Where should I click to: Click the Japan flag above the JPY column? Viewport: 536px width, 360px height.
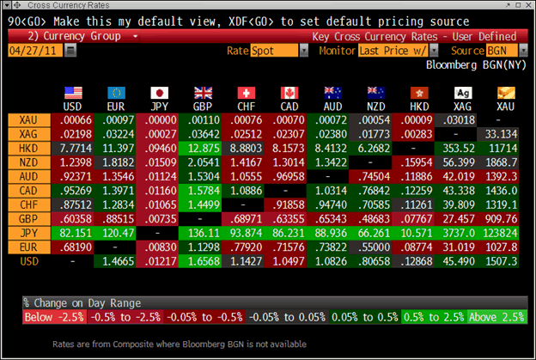(x=159, y=93)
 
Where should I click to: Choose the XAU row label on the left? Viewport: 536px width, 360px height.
(x=27, y=121)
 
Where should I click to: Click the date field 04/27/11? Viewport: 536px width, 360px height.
(x=33, y=51)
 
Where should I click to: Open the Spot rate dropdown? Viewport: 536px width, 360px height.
(x=278, y=52)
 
